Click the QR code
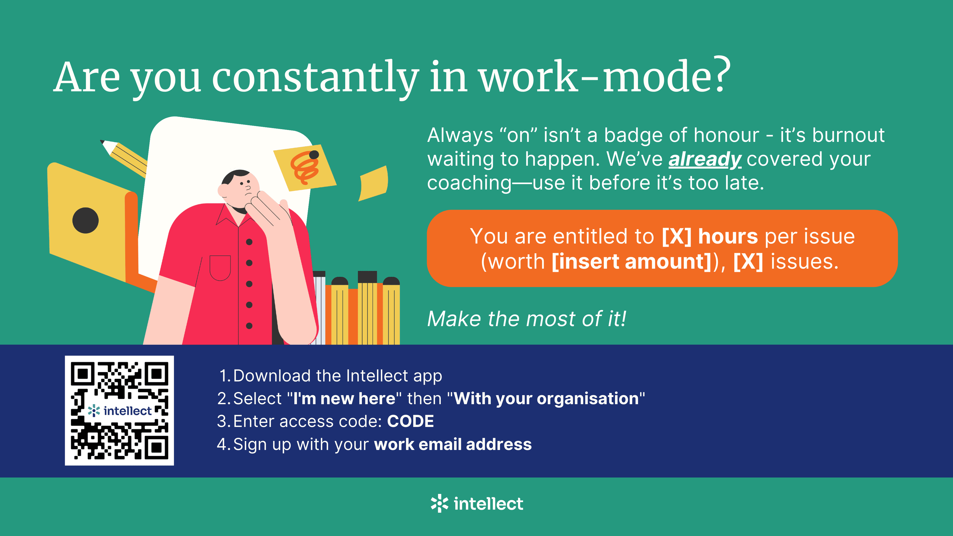119,410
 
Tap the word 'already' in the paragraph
705,159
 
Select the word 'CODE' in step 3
410,421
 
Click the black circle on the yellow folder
86,220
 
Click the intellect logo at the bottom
477,503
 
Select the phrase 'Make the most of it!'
527,319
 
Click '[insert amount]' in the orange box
632,262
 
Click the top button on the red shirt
249,242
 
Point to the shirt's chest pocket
220,267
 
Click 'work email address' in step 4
453,444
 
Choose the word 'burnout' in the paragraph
848,135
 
